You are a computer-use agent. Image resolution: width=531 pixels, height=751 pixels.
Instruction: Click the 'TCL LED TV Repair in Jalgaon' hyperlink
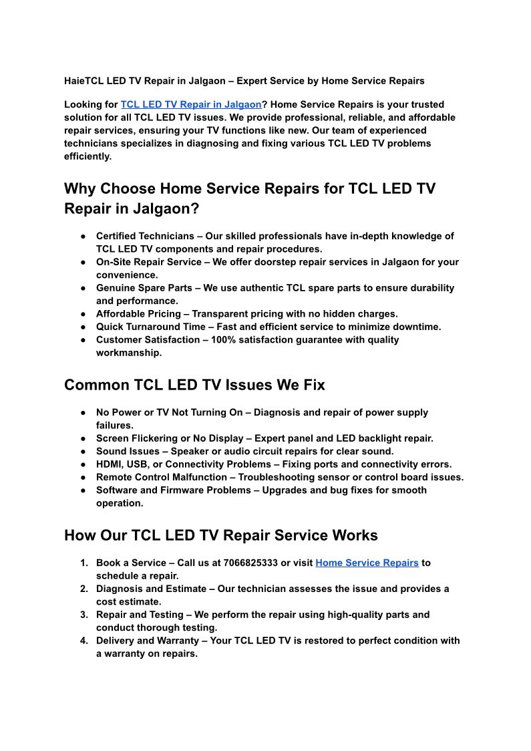pyautogui.click(x=190, y=104)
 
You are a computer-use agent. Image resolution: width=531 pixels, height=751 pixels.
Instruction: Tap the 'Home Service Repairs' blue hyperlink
pyautogui.click(x=367, y=563)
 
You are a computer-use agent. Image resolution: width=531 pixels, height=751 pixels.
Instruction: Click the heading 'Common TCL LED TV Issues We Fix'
pyautogui.click(x=194, y=385)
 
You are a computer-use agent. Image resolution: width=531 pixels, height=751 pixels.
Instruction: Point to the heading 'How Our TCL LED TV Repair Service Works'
pyautogui.click(x=220, y=535)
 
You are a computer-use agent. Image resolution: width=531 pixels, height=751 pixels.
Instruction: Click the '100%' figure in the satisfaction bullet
pyautogui.click(x=223, y=339)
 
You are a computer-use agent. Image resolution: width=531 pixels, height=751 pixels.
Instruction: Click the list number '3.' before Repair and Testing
pyautogui.click(x=84, y=615)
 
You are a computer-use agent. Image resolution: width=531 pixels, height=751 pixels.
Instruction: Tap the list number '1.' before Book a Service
pyautogui.click(x=84, y=563)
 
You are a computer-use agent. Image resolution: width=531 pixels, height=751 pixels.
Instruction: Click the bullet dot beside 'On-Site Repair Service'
pyautogui.click(x=81, y=262)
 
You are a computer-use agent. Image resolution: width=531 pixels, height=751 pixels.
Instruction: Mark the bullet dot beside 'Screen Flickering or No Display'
pyautogui.click(x=81, y=438)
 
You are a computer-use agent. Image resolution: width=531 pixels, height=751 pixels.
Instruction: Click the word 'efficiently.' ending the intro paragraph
pyautogui.click(x=88, y=156)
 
